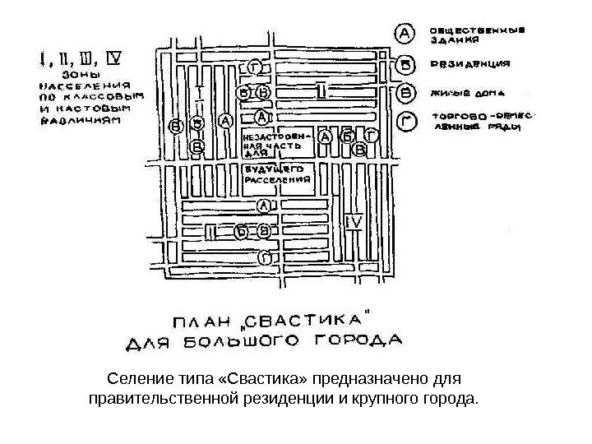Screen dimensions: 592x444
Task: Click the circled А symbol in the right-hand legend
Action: [405, 34]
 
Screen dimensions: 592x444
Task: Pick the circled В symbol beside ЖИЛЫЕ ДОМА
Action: [405, 93]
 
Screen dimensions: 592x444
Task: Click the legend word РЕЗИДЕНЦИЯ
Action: [469, 62]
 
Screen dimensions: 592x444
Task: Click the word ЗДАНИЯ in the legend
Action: [454, 40]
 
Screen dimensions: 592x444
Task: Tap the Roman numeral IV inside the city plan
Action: [354, 222]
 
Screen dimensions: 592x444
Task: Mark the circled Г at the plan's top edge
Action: [257, 67]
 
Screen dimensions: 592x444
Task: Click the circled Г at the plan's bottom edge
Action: [263, 257]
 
